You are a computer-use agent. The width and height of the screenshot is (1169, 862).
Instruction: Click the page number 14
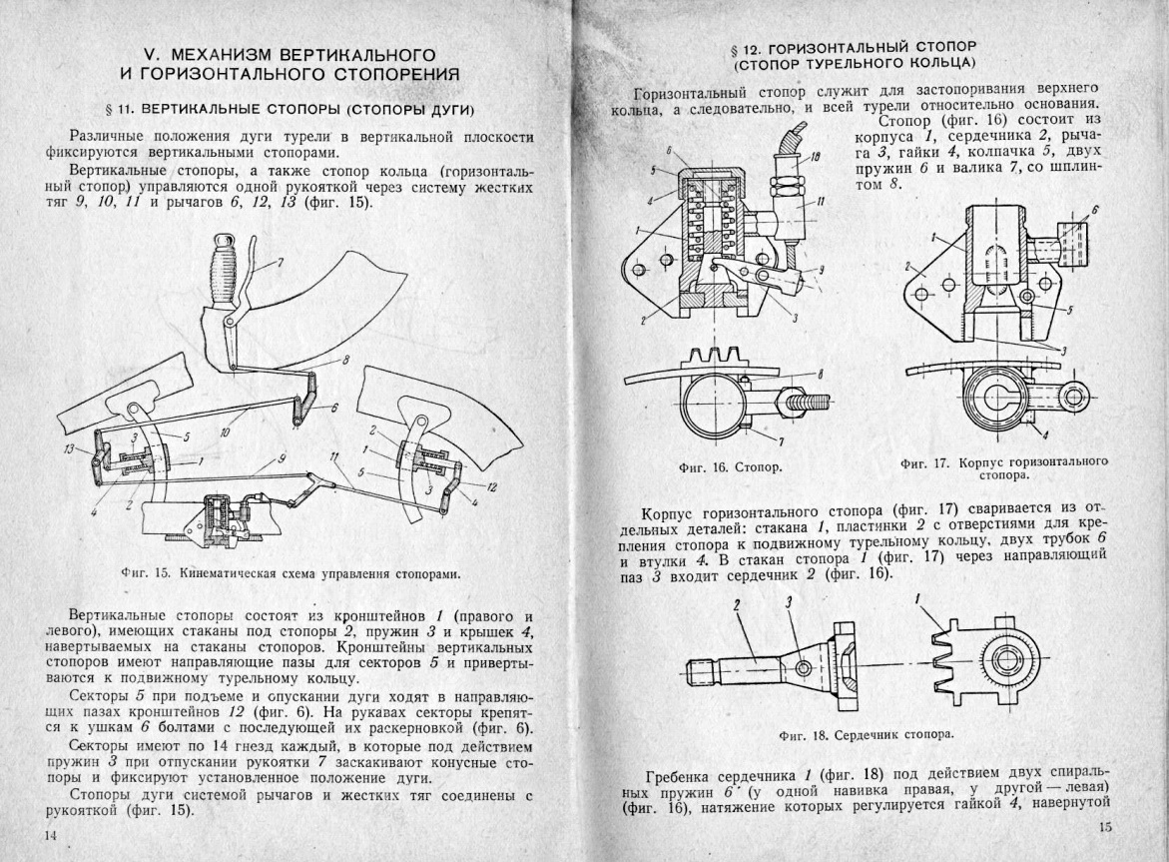click(x=49, y=834)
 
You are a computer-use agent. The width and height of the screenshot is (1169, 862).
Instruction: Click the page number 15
click(x=1105, y=826)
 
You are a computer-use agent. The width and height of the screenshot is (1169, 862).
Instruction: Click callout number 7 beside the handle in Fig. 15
click(x=281, y=264)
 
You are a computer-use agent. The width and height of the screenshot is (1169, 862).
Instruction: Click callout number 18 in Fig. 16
click(x=815, y=157)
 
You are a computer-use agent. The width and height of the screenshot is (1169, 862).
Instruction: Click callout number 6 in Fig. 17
click(x=1094, y=211)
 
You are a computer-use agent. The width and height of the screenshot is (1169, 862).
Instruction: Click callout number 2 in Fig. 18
click(x=736, y=605)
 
